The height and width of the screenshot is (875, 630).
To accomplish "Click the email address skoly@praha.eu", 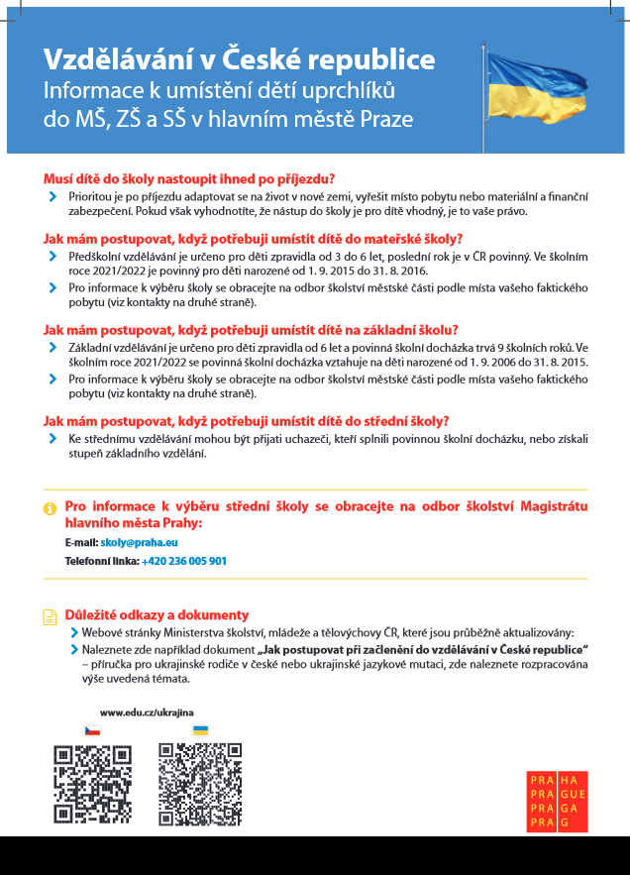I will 139,543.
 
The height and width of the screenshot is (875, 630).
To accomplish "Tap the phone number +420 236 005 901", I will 184,561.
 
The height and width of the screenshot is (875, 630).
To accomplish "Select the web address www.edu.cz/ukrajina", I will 147,712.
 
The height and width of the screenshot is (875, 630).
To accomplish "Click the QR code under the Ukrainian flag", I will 200,785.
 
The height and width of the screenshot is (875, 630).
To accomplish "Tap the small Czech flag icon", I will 92,730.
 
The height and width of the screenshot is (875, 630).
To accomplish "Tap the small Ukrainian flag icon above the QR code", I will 200,730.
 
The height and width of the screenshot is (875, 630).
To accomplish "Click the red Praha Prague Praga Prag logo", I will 559,801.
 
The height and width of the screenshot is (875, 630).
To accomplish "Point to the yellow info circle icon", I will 50,508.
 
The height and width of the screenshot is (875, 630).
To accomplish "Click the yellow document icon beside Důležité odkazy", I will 50,616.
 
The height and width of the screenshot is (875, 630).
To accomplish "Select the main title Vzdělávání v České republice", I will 239,59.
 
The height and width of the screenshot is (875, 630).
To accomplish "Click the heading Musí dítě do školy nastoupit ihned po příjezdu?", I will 189,179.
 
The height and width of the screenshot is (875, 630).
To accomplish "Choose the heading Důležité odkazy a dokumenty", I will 157,614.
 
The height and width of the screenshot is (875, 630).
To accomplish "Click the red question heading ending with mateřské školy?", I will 253,239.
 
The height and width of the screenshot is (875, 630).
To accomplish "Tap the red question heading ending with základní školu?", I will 251,330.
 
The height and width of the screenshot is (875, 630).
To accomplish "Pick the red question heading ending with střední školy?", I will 246,420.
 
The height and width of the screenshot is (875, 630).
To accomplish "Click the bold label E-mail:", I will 81,543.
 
